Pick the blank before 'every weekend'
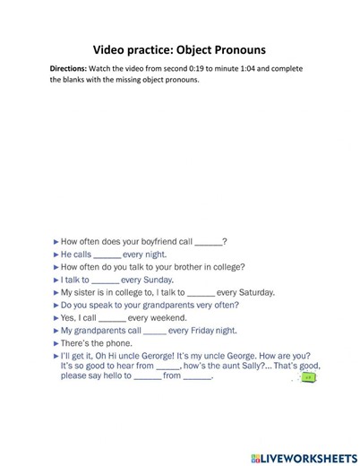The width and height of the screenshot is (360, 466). pos(112,317)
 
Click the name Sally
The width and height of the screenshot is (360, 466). pos(247,367)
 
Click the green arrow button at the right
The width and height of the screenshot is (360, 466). pos(309,378)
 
